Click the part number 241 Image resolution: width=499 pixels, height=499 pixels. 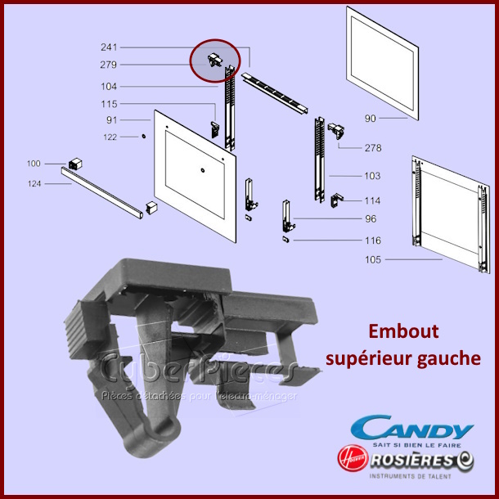coord(109,47)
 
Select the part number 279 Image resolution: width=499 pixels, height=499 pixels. coord(109,65)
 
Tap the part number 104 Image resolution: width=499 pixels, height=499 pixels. coord(109,86)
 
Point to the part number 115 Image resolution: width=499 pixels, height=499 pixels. coord(109,104)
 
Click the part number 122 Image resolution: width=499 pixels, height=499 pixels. coord(109,137)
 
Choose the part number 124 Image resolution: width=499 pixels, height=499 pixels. coord(34,183)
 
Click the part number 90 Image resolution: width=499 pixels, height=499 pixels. coord(371,119)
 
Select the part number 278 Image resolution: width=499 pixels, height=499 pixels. coord(373,148)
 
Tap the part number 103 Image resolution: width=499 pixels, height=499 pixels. coord(372,176)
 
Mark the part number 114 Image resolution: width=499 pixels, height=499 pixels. coord(372,200)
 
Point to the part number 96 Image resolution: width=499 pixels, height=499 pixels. coord(371,218)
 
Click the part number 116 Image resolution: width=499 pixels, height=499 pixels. coord(372,241)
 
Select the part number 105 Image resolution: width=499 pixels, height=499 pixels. coord(373,259)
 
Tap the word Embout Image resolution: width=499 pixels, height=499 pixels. coord(403,332)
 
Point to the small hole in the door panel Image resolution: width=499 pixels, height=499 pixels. coord(202,170)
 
